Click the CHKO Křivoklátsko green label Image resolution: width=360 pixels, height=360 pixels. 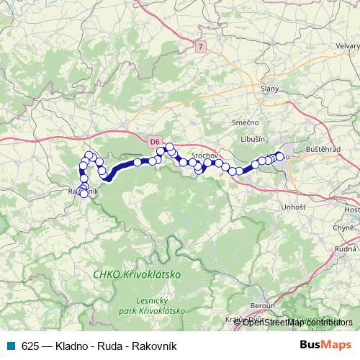(x=137, y=275)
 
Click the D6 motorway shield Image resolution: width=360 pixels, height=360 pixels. (x=155, y=142)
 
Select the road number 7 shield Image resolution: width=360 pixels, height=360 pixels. (x=200, y=47)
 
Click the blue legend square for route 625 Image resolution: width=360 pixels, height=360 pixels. (x=11, y=345)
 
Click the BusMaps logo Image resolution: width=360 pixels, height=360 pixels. (x=325, y=345)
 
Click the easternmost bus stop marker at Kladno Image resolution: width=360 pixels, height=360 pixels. (x=279, y=155)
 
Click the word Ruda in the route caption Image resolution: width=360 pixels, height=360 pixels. (x=112, y=345)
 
